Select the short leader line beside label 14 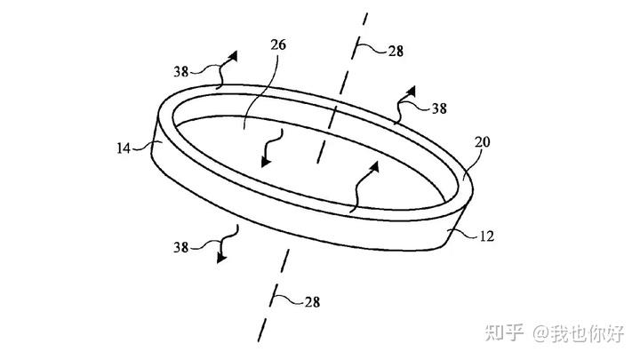pos(145,149)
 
